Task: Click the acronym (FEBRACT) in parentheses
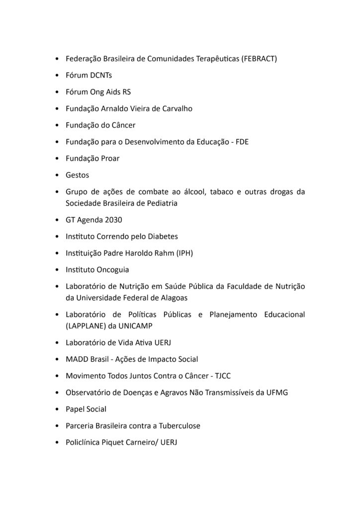259,59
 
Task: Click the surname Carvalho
177,108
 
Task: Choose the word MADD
77,359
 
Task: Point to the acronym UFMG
277,392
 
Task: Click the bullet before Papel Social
59,409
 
